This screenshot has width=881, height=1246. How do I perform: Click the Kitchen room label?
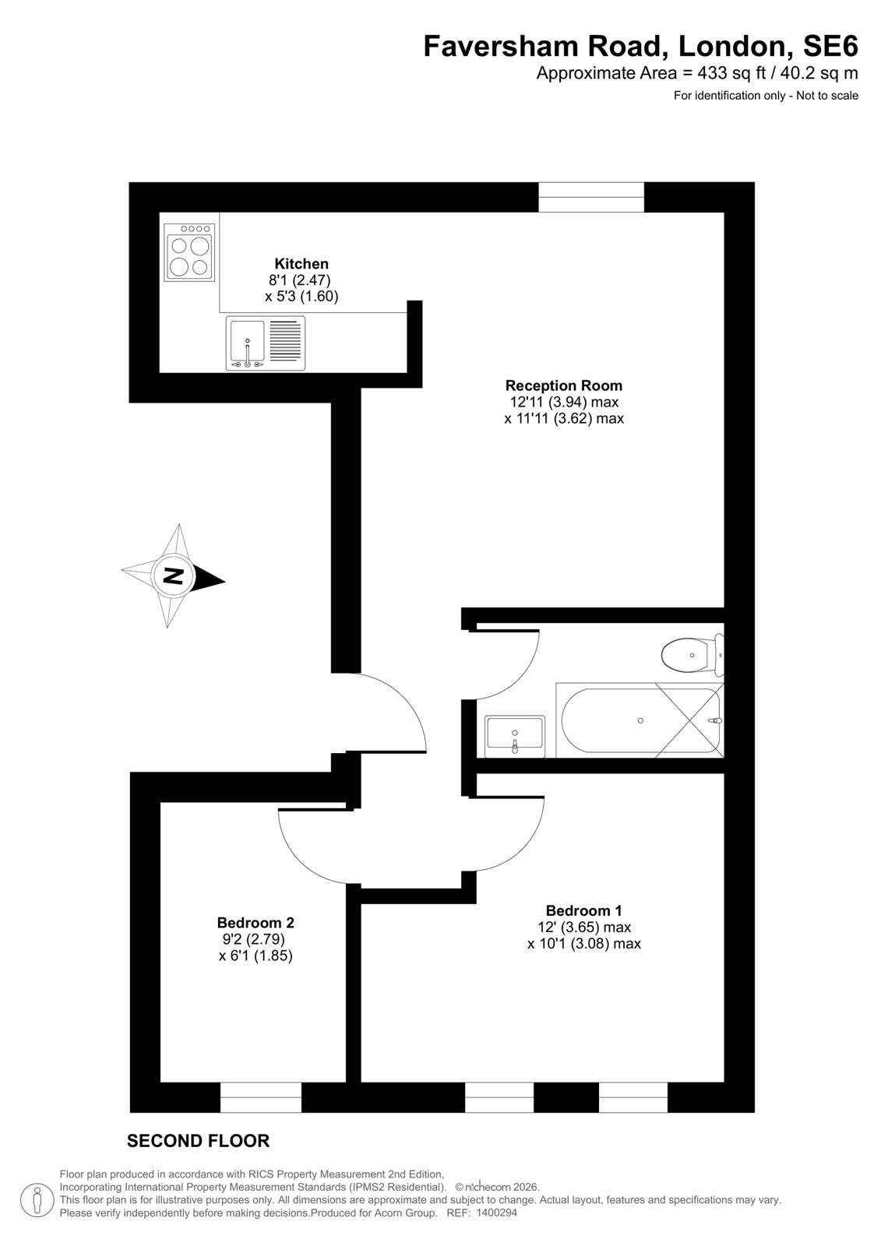(301, 263)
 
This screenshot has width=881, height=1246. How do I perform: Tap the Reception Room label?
(563, 385)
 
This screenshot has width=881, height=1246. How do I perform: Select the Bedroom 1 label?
(583, 910)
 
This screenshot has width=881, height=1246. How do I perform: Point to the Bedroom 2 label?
(255, 922)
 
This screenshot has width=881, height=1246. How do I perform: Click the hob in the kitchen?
(189, 252)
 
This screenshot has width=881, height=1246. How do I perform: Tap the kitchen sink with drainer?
(266, 343)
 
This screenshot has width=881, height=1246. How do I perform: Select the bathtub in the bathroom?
(640, 720)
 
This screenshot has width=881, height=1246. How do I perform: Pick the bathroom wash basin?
(515, 737)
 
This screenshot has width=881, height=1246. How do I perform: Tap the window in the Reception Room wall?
(591, 197)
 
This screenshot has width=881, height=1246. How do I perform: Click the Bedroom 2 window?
(260, 1097)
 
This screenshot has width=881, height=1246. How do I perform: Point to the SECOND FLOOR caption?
(198, 1142)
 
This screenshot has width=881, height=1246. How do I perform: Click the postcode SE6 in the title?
(830, 46)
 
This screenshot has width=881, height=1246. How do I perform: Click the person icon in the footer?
(37, 1201)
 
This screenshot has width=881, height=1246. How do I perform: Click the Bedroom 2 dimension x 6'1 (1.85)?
(255, 956)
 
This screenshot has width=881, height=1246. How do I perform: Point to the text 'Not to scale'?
(827, 96)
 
